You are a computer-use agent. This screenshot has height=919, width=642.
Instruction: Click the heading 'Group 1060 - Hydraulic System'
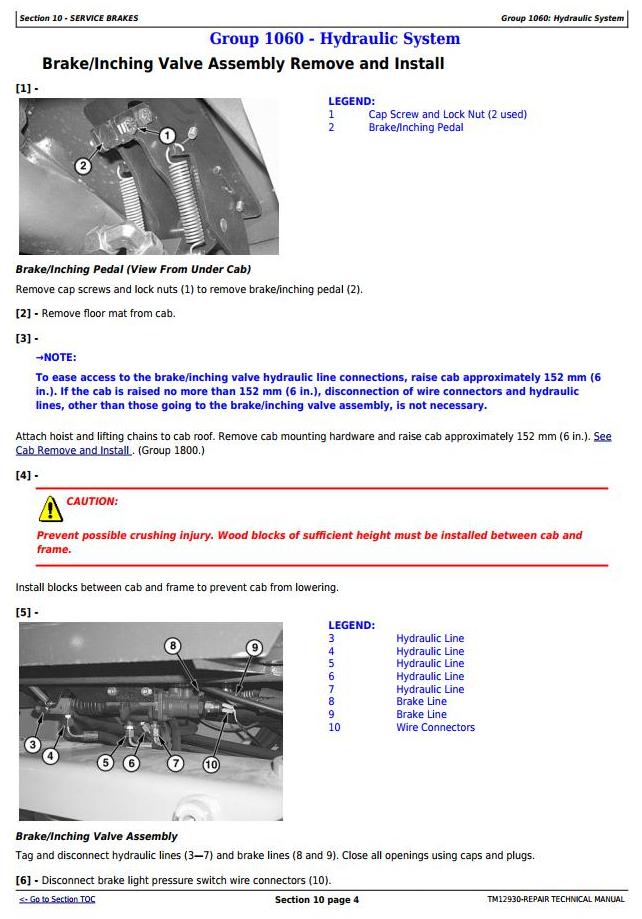coord(334,39)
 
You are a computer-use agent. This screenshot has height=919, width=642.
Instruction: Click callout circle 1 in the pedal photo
coord(167,135)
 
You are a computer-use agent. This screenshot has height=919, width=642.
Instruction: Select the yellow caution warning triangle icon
coord(49,509)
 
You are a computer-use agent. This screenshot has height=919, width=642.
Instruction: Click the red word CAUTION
coord(92,501)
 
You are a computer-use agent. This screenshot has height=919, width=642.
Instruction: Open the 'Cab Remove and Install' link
coord(73,450)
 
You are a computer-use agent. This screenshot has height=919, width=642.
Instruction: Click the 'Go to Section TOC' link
coord(57,899)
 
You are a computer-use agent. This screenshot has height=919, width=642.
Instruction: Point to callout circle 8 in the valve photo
coord(172,646)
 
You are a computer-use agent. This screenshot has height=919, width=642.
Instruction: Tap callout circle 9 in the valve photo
coord(254,647)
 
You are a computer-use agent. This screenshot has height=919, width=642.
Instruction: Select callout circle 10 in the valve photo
coord(210,765)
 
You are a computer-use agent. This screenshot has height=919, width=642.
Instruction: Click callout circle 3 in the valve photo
coord(32,744)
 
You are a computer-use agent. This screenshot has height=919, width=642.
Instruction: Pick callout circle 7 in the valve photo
coord(175,763)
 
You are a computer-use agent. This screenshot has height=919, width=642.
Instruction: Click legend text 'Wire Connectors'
coord(435,727)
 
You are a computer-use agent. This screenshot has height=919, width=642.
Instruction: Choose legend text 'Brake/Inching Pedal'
coord(416,127)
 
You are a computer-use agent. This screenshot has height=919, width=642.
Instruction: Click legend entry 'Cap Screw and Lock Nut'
coord(447,114)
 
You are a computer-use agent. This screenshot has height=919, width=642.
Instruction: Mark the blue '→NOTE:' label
coord(55,357)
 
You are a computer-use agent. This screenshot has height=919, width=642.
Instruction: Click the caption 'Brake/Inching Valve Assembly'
coord(96,836)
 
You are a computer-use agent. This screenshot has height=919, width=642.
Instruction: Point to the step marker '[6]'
coord(24,880)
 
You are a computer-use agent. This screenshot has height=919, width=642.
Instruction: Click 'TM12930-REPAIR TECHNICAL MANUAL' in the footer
coord(555,900)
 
